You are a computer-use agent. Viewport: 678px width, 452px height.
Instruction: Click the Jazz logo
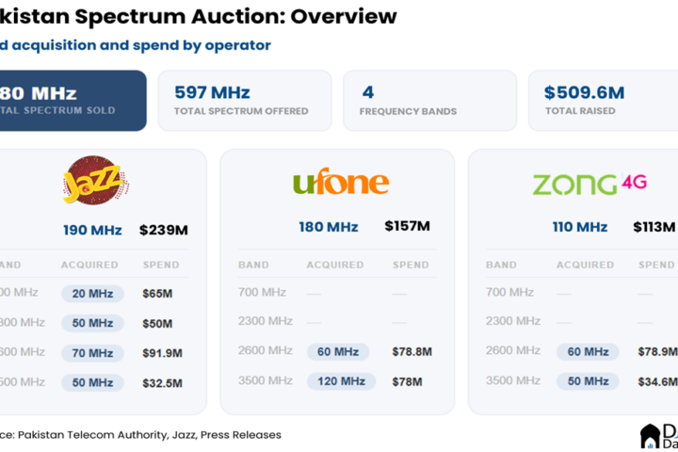95,180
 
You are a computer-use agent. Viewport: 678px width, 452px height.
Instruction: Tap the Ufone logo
340,182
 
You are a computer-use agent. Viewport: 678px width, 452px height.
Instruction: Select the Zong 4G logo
589,182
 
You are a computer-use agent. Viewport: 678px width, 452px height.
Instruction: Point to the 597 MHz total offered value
212,92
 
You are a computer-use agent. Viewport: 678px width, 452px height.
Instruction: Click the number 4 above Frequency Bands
368,92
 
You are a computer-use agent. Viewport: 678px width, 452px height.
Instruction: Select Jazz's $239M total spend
164,230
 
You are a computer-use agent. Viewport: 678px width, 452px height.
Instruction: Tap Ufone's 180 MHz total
329,227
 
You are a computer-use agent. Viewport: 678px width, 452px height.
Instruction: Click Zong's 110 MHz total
579,227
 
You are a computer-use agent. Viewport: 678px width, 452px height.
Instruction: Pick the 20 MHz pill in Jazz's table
92,294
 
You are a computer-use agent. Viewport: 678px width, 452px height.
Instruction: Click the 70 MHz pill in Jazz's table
92,353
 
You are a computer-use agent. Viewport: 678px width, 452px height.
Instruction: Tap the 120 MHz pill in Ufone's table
341,381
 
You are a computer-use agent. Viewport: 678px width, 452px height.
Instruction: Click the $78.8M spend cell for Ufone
412,352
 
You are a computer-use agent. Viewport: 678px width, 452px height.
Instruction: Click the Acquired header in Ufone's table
335,266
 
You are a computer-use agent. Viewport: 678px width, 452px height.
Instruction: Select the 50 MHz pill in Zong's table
587,381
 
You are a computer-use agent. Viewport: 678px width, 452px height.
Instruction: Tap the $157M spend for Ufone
407,226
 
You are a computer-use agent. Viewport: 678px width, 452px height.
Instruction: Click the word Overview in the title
344,17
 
